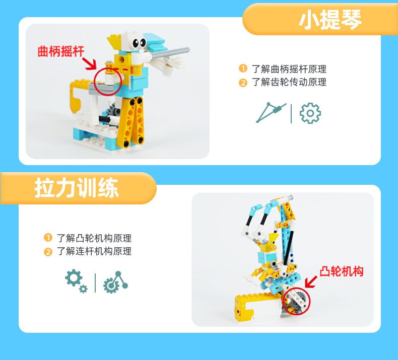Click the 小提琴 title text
(x=330, y=20)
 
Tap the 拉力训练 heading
(x=77, y=188)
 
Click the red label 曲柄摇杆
(x=60, y=51)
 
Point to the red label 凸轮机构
(x=342, y=271)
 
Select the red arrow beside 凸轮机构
(x=311, y=281)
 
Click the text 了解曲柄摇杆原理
(x=289, y=69)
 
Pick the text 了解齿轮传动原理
(x=289, y=82)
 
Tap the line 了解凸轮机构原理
(x=94, y=238)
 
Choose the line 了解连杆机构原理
(x=94, y=251)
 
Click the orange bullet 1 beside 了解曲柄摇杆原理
(x=243, y=68)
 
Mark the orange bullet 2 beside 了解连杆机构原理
(x=48, y=252)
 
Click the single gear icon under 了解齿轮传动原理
(x=310, y=113)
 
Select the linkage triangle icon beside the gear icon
(x=271, y=112)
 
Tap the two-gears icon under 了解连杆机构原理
(x=76, y=281)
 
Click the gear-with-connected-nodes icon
(x=115, y=282)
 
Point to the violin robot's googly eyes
(x=140, y=43)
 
